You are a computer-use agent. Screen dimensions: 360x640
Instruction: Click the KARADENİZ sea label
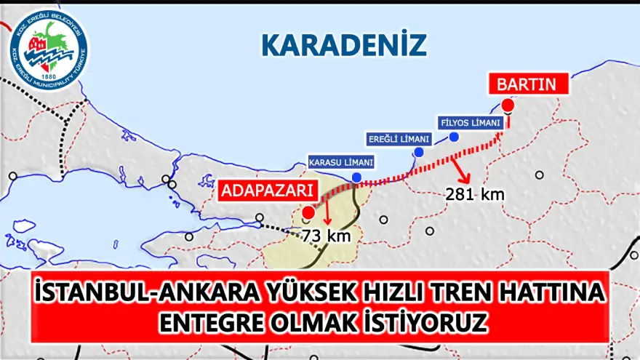point(343,45)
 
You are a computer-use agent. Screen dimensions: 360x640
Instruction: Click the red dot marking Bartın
point(508,105)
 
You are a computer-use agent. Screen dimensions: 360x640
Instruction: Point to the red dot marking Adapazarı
point(308,212)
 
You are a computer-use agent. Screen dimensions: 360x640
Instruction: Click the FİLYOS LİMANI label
point(470,123)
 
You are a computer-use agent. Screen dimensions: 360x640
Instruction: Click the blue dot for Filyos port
point(455,137)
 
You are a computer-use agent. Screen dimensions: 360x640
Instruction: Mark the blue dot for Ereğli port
point(419,152)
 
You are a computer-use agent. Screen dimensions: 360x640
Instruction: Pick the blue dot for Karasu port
point(356,177)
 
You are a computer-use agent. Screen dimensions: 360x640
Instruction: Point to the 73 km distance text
point(327,236)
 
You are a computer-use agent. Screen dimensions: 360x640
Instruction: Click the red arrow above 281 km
point(462,170)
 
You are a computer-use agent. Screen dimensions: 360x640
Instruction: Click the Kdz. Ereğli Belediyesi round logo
point(49,52)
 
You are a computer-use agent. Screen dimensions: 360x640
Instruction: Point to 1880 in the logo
point(49,76)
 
